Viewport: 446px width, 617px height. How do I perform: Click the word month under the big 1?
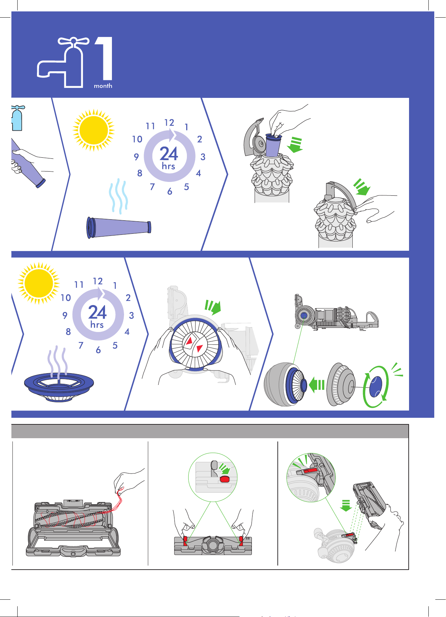pos(103,86)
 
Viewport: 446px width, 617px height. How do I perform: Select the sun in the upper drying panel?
pos(93,130)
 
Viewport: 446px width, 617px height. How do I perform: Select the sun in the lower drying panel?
pos(39,283)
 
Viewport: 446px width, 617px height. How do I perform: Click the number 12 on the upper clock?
pos(169,123)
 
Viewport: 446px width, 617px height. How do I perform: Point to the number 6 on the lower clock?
pos(98,350)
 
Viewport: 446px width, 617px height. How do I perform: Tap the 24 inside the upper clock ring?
pos(169,154)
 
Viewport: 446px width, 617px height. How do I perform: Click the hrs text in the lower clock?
pos(97,325)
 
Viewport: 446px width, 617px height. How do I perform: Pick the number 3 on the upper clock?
pos(203,157)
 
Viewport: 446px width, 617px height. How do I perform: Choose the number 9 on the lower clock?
pos(65,315)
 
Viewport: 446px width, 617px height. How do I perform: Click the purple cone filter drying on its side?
pos(119,227)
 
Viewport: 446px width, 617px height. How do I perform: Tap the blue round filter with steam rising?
pos(59,387)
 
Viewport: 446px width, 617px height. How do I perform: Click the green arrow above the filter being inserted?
pos(295,145)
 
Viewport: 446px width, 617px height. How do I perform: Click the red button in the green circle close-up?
pos(225,479)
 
